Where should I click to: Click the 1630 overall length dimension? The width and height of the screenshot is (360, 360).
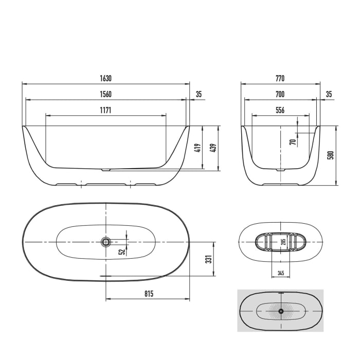click(105, 79)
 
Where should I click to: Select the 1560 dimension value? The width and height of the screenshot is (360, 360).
click(105, 94)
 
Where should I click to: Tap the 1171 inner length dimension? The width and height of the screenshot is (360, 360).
click(105, 110)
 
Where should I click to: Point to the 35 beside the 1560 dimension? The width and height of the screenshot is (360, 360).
click(199, 94)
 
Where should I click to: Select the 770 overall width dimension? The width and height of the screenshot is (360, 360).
click(280, 79)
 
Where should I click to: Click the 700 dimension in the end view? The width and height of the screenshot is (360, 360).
click(280, 94)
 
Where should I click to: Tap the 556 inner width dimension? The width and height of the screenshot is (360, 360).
click(280, 110)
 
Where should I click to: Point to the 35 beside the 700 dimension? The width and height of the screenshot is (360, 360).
click(329, 94)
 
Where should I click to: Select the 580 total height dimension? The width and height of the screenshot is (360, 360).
click(332, 155)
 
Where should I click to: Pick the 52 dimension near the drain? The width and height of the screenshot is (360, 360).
click(122, 251)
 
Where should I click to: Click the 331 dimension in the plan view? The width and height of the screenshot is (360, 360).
click(209, 259)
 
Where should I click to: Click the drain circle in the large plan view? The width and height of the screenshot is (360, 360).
click(106, 242)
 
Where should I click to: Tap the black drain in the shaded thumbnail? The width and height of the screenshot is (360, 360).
click(281, 311)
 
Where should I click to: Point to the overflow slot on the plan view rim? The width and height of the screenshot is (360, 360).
click(106, 276)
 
